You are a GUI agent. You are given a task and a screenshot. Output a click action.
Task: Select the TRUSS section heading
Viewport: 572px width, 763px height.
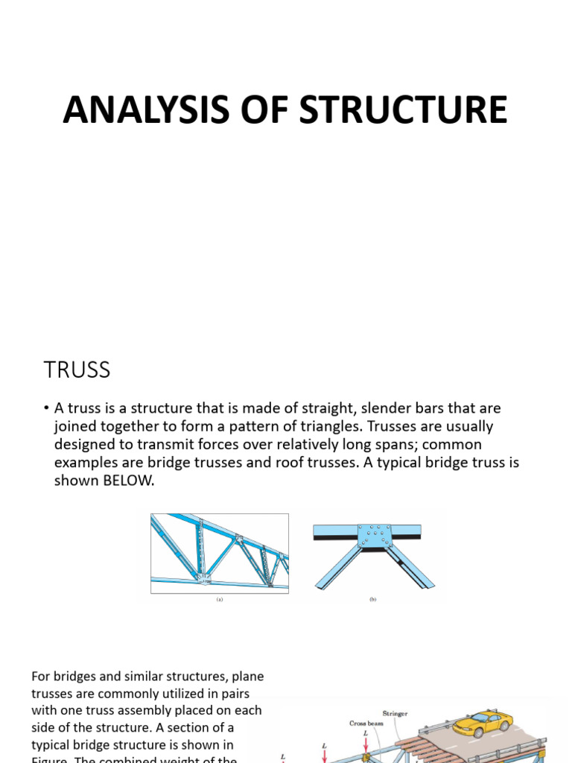pos(77,370)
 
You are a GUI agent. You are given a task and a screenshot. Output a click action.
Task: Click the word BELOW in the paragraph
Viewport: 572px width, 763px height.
pos(129,481)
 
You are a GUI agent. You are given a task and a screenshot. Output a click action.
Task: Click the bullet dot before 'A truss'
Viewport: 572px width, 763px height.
pos(46,409)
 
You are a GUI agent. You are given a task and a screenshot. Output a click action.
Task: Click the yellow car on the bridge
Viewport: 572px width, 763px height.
pos(483,721)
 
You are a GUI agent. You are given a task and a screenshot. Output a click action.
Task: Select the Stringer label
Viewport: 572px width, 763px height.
pos(395,714)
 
